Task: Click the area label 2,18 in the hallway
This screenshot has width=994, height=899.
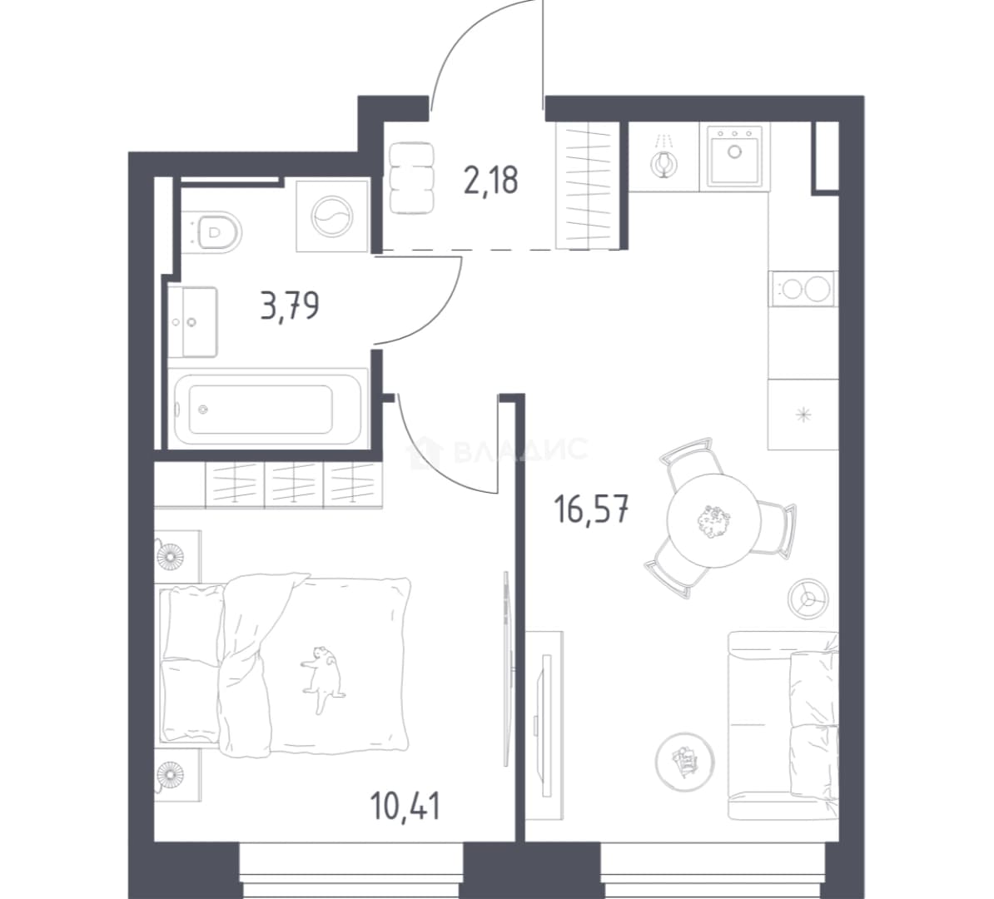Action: pyautogui.click(x=490, y=181)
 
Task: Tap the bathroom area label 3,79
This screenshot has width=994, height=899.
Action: pyautogui.click(x=290, y=306)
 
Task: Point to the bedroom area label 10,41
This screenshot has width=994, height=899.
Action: pyautogui.click(x=405, y=805)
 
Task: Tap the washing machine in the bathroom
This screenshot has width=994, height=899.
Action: pyautogui.click(x=333, y=216)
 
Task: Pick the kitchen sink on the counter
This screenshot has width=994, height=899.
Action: pyautogui.click(x=734, y=156)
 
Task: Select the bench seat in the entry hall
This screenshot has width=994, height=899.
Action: pyautogui.click(x=412, y=177)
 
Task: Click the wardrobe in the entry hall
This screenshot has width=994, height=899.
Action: pyautogui.click(x=587, y=185)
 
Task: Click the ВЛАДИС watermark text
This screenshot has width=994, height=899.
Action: pyautogui.click(x=521, y=451)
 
